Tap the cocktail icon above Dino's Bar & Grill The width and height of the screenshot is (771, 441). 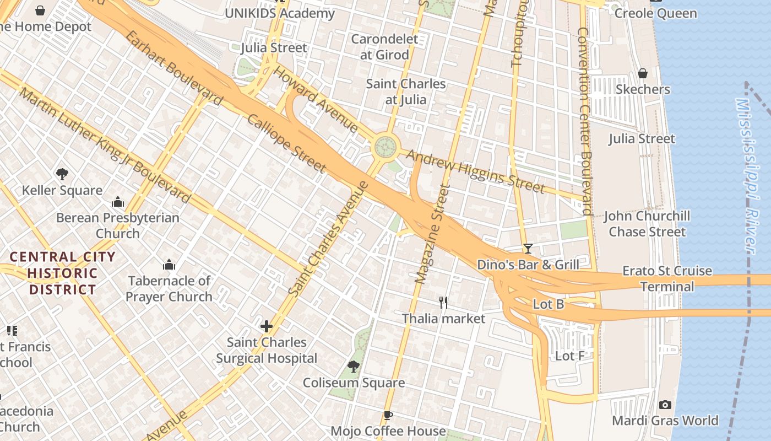[528, 249]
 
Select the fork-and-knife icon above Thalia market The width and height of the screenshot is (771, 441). [443, 302]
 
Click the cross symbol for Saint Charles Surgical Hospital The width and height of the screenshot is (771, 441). [267, 326]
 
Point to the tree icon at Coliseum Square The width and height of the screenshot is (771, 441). [354, 367]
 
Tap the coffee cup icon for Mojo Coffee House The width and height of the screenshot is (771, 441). [388, 415]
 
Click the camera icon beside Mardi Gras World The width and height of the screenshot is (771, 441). [665, 405]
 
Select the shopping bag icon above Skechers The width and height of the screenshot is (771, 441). [642, 73]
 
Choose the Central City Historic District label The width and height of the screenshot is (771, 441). [63, 273]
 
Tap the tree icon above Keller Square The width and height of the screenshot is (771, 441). [62, 174]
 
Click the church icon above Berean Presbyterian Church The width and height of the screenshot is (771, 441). [117, 202]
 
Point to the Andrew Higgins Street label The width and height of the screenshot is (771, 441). [475, 171]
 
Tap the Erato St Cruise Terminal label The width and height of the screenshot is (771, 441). [667, 278]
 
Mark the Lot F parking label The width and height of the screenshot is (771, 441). [569, 356]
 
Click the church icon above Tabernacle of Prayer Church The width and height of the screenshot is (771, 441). [169, 265]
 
